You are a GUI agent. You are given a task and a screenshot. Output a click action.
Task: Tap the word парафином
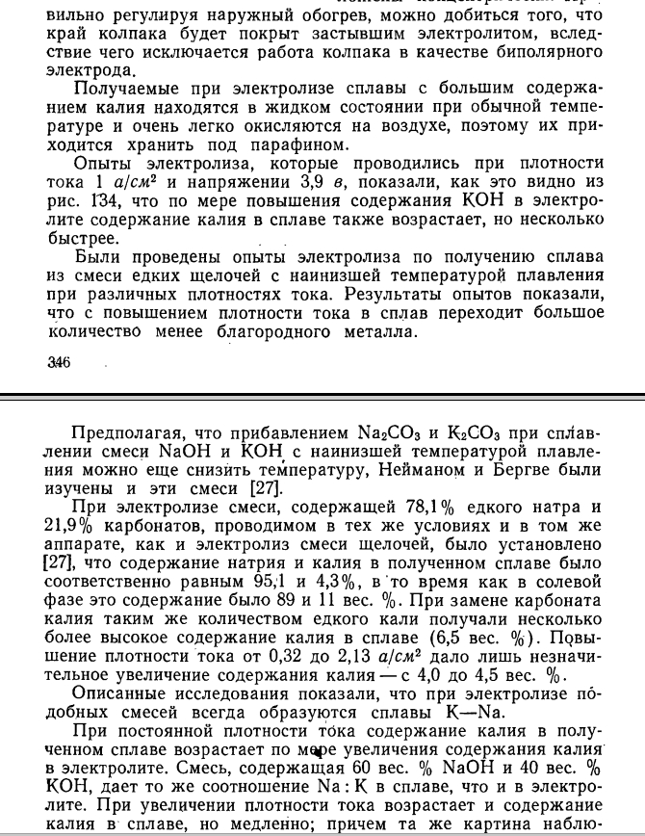(297, 144)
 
